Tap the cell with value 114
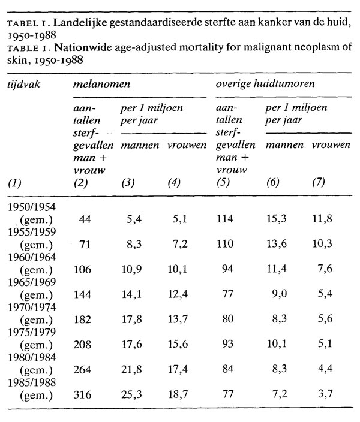coord(228,219)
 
